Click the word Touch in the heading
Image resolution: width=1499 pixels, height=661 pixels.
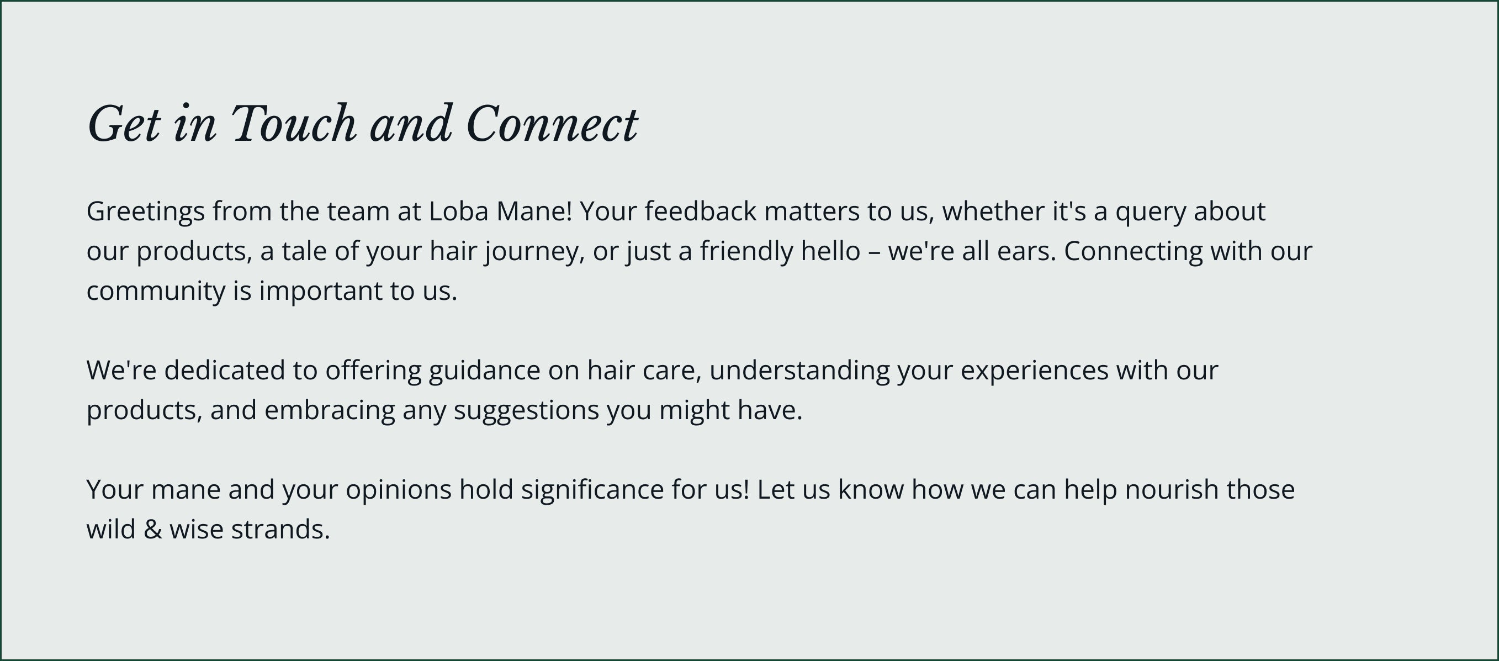coord(294,123)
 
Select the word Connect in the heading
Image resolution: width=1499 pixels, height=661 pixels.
coord(552,123)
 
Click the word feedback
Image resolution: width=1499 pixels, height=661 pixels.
coord(701,210)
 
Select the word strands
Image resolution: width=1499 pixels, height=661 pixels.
coord(280,530)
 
